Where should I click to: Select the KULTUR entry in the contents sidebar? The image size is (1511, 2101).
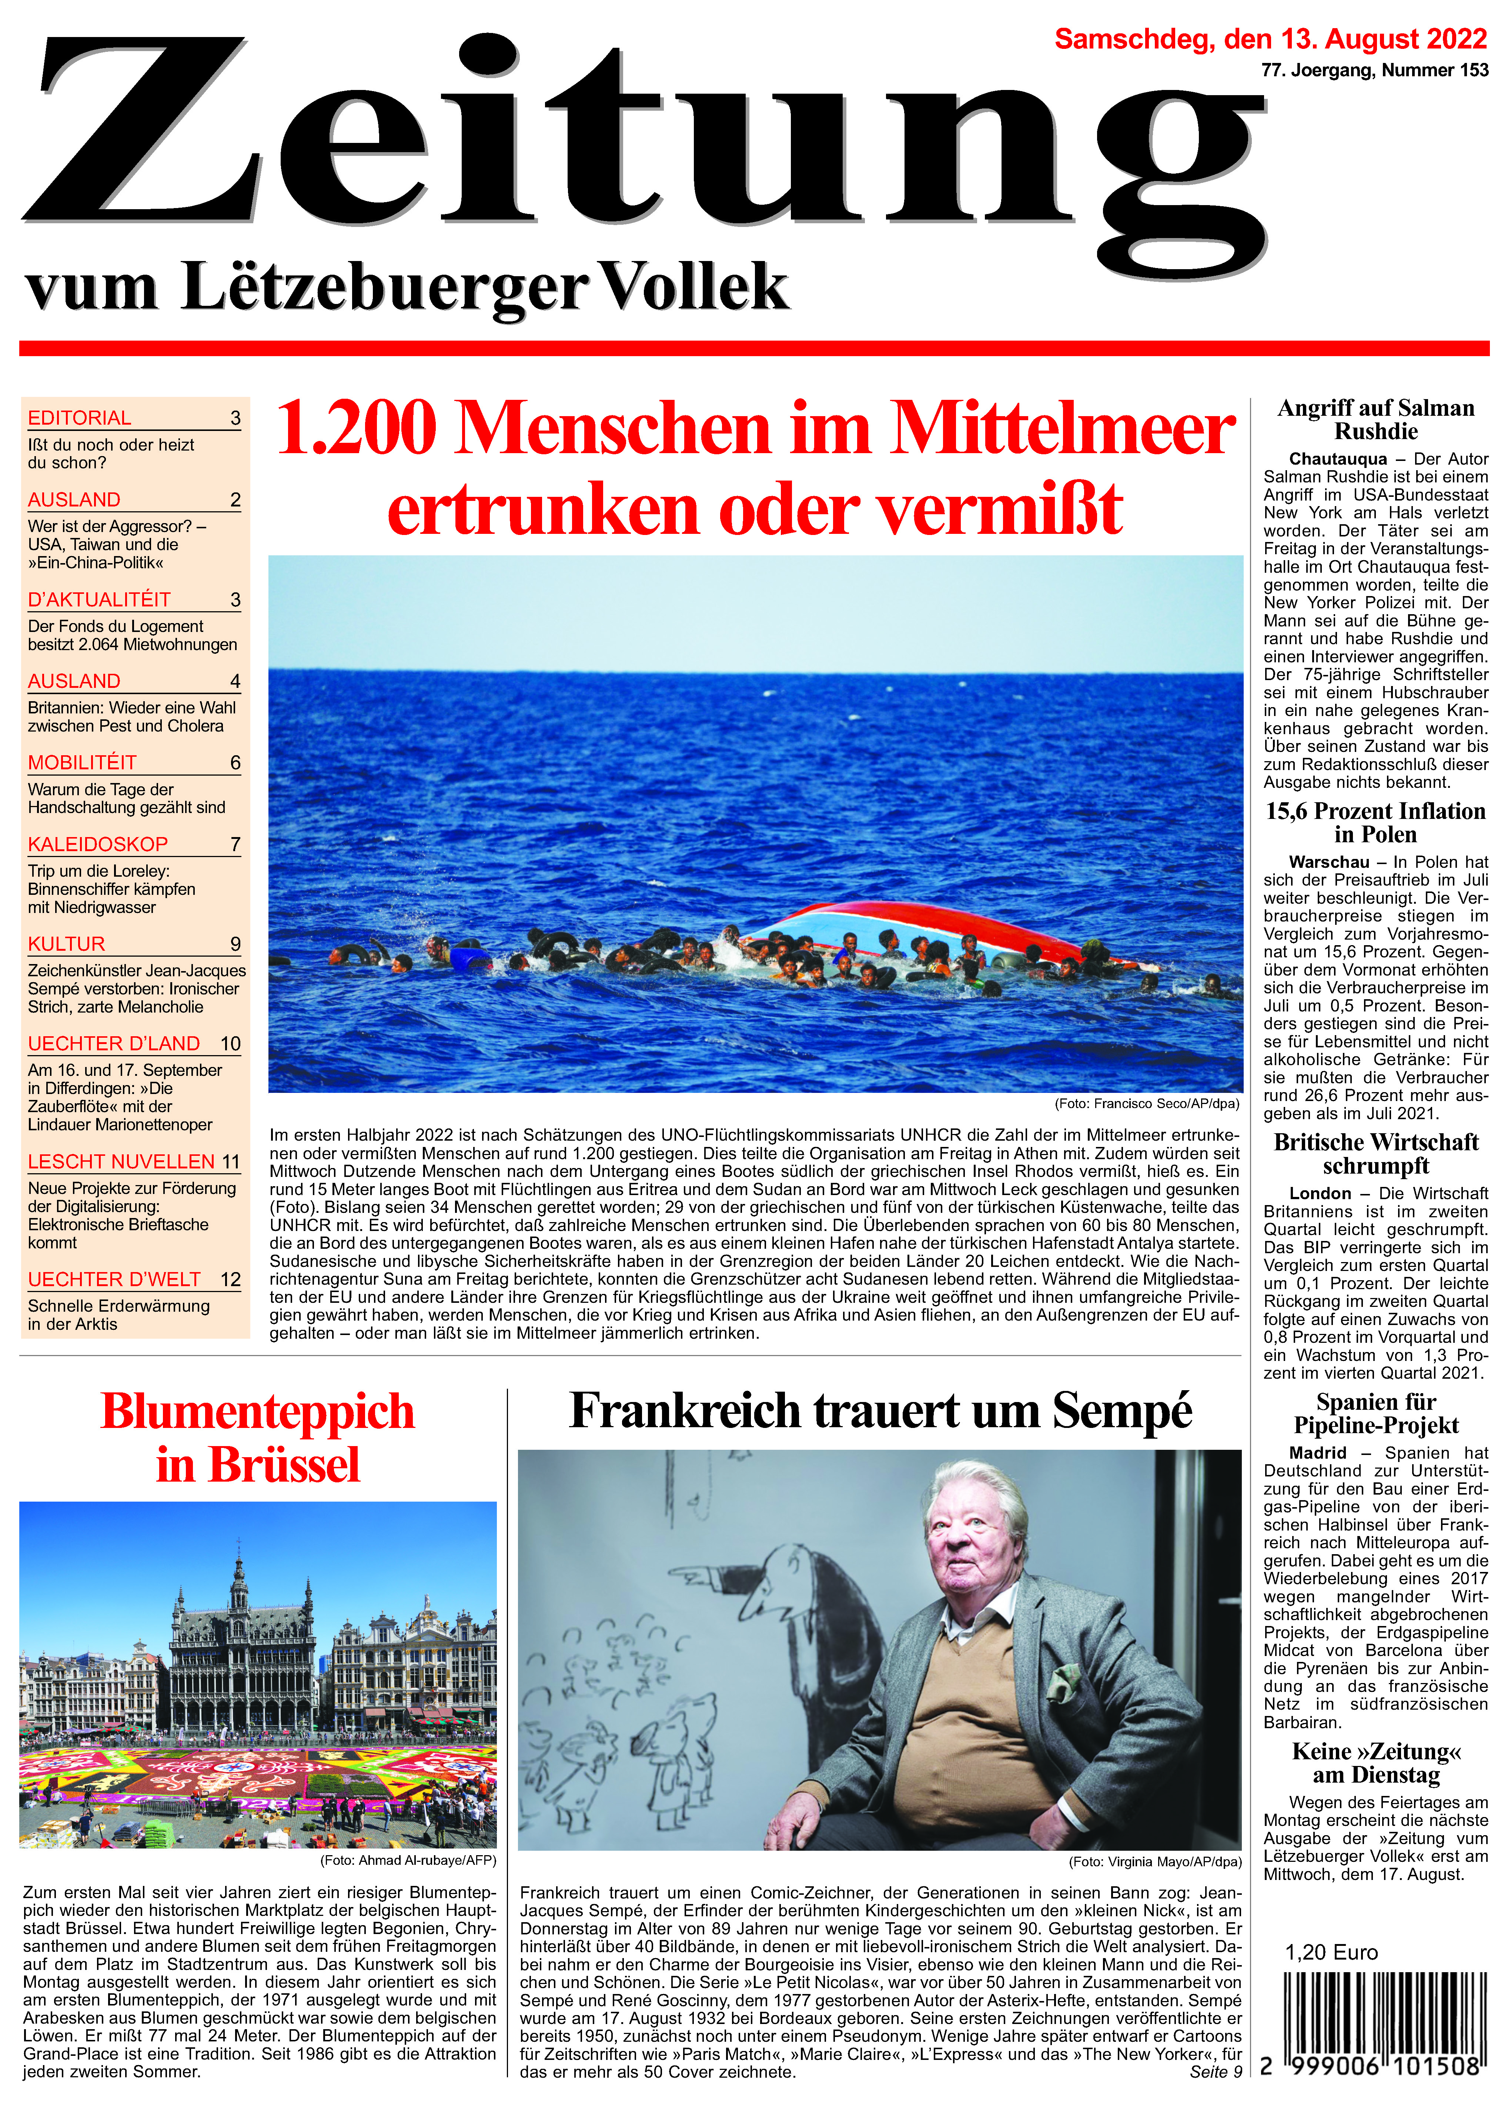pyautogui.click(x=67, y=944)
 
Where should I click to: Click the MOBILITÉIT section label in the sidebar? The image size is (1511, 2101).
pyautogui.click(x=83, y=762)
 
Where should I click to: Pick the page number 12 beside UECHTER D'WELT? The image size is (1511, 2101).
pyautogui.click(x=231, y=1279)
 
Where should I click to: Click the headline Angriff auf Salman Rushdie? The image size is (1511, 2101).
pyautogui.click(x=1376, y=419)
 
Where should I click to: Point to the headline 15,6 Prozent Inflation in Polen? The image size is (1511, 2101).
pyautogui.click(x=1376, y=823)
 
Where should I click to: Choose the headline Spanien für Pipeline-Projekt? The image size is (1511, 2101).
pyautogui.click(x=1376, y=1414)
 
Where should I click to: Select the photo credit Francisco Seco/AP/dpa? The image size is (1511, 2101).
pyautogui.click(x=1147, y=1103)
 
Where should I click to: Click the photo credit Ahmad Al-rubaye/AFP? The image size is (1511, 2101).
pyautogui.click(x=408, y=1860)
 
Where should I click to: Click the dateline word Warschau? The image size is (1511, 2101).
pyautogui.click(x=1328, y=863)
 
